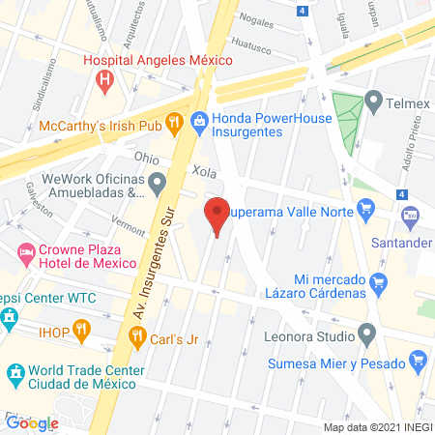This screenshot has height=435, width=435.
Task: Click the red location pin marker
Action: coord(217,215)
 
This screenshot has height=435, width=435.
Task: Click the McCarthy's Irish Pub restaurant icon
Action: coord(174,122)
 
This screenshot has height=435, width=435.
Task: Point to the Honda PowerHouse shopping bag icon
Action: coord(199,121)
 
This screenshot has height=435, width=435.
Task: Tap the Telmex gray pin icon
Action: coord(374,100)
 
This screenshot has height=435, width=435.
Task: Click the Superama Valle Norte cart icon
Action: coord(365,206)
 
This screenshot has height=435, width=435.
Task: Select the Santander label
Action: coord(399,243)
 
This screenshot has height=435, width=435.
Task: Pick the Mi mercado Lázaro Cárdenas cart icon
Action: coord(379,283)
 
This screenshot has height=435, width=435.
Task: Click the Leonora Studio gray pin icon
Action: coord(366,335)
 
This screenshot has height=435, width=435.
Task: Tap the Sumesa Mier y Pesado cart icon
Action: coord(419,363)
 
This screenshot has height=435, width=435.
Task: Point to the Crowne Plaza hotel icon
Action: coord(25,256)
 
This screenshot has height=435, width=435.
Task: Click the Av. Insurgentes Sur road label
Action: coord(145,275)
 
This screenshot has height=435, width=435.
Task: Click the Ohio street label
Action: coord(147,159)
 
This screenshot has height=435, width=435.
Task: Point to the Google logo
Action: coord(32,422)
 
